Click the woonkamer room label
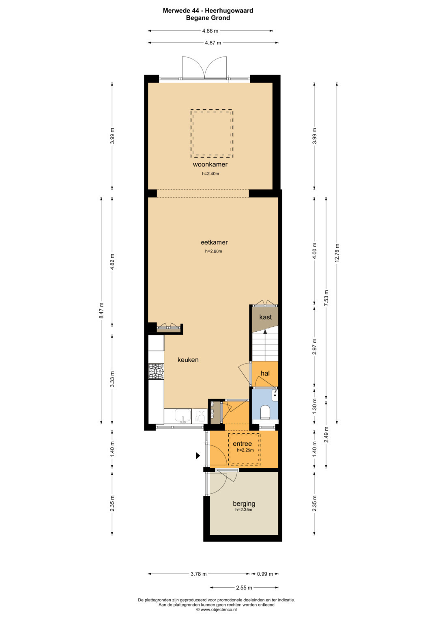(x=210, y=164)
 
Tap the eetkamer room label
(x=214, y=242)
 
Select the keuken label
(x=188, y=360)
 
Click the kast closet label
(x=266, y=317)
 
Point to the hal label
(x=265, y=374)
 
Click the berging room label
(x=244, y=503)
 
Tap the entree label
(x=242, y=444)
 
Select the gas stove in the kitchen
(x=156, y=371)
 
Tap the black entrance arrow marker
(x=198, y=455)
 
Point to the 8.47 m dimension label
(x=101, y=310)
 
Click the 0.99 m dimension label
(x=265, y=574)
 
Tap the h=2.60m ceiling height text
(x=213, y=251)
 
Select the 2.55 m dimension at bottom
(x=244, y=588)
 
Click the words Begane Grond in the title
(x=208, y=18)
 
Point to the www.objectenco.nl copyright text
(x=217, y=609)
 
